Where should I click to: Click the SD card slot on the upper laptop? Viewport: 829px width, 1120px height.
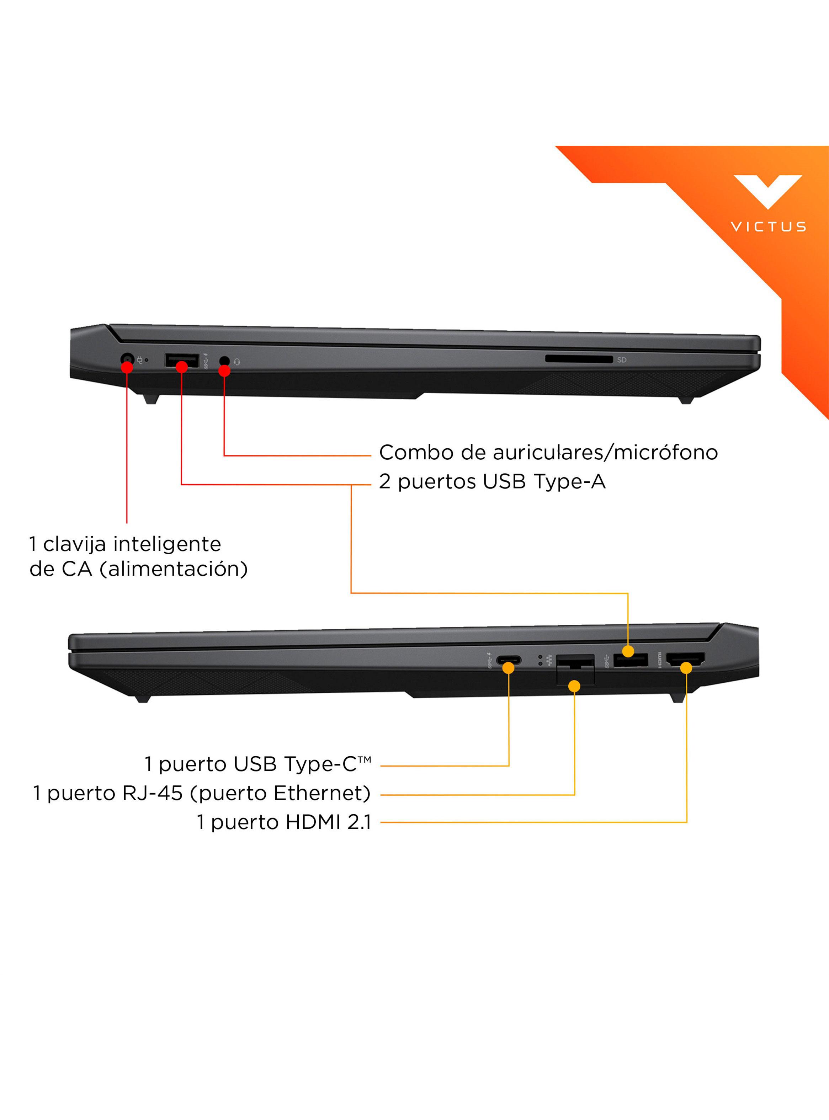[579, 359]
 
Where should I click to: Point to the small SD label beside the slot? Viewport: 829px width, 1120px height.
[622, 360]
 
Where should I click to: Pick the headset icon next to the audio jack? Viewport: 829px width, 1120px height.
[237, 362]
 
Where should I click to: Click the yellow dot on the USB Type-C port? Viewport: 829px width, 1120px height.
[509, 668]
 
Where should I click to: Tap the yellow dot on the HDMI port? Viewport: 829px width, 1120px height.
[686, 668]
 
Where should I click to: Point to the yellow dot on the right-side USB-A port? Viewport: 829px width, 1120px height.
[628, 651]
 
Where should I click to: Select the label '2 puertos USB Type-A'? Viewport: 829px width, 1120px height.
[492, 481]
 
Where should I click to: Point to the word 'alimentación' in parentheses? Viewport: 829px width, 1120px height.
[174, 569]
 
